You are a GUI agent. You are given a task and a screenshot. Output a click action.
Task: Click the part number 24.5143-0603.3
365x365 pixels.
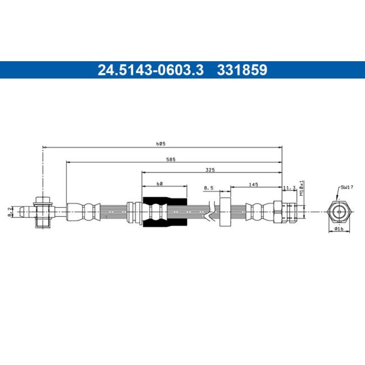[150, 70]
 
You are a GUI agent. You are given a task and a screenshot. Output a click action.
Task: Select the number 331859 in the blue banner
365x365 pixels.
[242, 70]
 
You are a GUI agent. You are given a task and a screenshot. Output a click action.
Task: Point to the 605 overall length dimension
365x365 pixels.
[161, 144]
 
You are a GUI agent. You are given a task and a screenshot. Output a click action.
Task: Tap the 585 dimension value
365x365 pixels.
[171, 159]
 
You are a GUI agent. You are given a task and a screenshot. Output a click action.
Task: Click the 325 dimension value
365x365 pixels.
[210, 170]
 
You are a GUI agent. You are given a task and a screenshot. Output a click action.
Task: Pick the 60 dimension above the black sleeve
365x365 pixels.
[159, 184]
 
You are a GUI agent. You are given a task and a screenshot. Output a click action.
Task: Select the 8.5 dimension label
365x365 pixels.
[208, 188]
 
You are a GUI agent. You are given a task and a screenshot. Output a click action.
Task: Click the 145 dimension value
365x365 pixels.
[253, 185]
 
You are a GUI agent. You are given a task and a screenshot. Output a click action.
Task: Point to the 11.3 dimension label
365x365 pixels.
[289, 188]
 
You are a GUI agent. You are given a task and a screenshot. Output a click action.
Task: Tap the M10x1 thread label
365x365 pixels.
[302, 188]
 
